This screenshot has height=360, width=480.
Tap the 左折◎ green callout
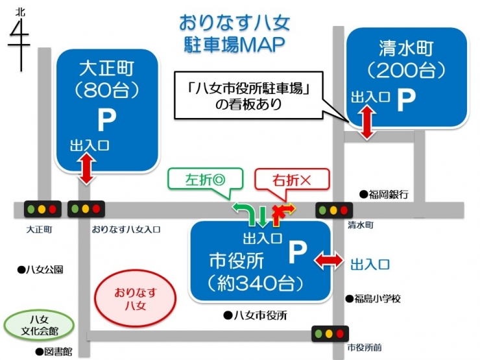[x=206, y=180]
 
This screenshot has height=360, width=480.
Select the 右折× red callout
[x=292, y=180]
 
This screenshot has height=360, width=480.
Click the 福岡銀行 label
[x=384, y=194]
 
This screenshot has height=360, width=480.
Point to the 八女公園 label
[x=40, y=270]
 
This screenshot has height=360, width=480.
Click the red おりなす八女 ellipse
[x=136, y=298]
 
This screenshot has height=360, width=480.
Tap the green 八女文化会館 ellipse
[x=39, y=325]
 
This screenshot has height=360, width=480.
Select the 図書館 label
[x=54, y=352]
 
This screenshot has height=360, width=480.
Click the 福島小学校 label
[x=373, y=298]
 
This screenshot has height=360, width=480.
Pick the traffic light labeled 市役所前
[x=330, y=333]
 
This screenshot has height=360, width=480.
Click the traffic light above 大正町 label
[x=43, y=210]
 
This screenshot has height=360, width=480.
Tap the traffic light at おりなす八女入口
[x=86, y=209]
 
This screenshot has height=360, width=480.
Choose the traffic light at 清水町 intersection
[x=334, y=210]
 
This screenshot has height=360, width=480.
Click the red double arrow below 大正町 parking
[x=88, y=169]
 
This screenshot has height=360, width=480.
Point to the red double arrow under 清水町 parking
[x=367, y=123]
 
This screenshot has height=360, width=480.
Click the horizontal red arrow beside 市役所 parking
[x=329, y=261]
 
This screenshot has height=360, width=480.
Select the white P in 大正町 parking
[x=107, y=120]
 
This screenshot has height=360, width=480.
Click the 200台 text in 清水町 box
[x=406, y=71]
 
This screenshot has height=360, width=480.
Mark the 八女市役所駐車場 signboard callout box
[x=248, y=95]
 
